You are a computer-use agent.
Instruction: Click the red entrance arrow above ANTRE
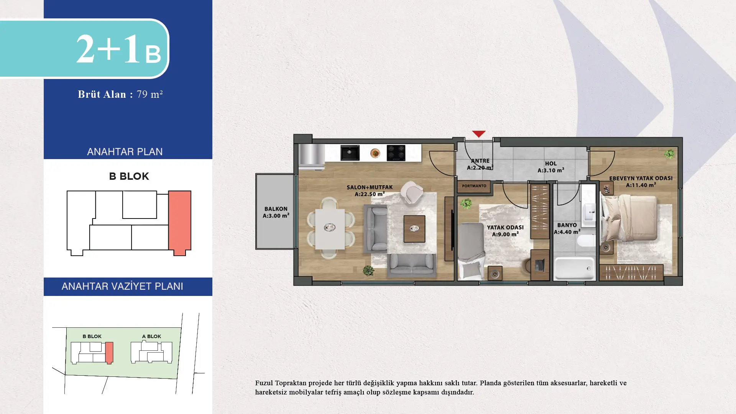[x=478, y=134]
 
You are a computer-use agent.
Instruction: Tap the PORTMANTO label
[x=474, y=186]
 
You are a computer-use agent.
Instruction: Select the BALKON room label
[x=276, y=212]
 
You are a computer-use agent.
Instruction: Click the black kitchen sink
[x=350, y=153]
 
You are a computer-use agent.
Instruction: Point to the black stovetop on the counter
[x=396, y=153]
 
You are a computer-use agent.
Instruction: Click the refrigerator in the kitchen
[x=312, y=156]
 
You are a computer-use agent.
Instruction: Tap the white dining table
[x=330, y=229]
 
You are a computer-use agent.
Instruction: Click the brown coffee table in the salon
[x=414, y=229]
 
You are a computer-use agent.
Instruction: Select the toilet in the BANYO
[x=586, y=241]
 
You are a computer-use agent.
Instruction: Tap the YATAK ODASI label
[x=505, y=231]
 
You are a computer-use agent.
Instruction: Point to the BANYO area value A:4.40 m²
[x=567, y=232]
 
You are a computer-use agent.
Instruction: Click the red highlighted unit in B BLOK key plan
[x=179, y=222]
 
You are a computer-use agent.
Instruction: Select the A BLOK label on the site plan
[x=151, y=337]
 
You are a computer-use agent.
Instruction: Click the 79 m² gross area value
[x=149, y=94]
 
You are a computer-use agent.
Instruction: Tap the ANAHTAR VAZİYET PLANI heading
[x=122, y=286]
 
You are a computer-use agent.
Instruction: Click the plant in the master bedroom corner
[x=669, y=154]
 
